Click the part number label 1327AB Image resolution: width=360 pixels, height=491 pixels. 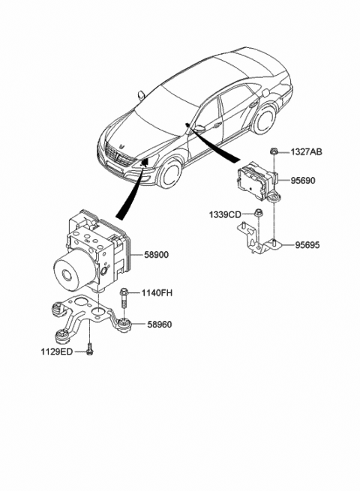[306, 153]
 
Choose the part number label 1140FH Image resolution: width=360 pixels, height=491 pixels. [157, 292]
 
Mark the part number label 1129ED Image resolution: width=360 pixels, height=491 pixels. [57, 349]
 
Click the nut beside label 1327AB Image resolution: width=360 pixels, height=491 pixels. [277, 153]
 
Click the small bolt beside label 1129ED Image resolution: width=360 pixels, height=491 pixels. [89, 349]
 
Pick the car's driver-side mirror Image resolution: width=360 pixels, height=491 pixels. [199, 127]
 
